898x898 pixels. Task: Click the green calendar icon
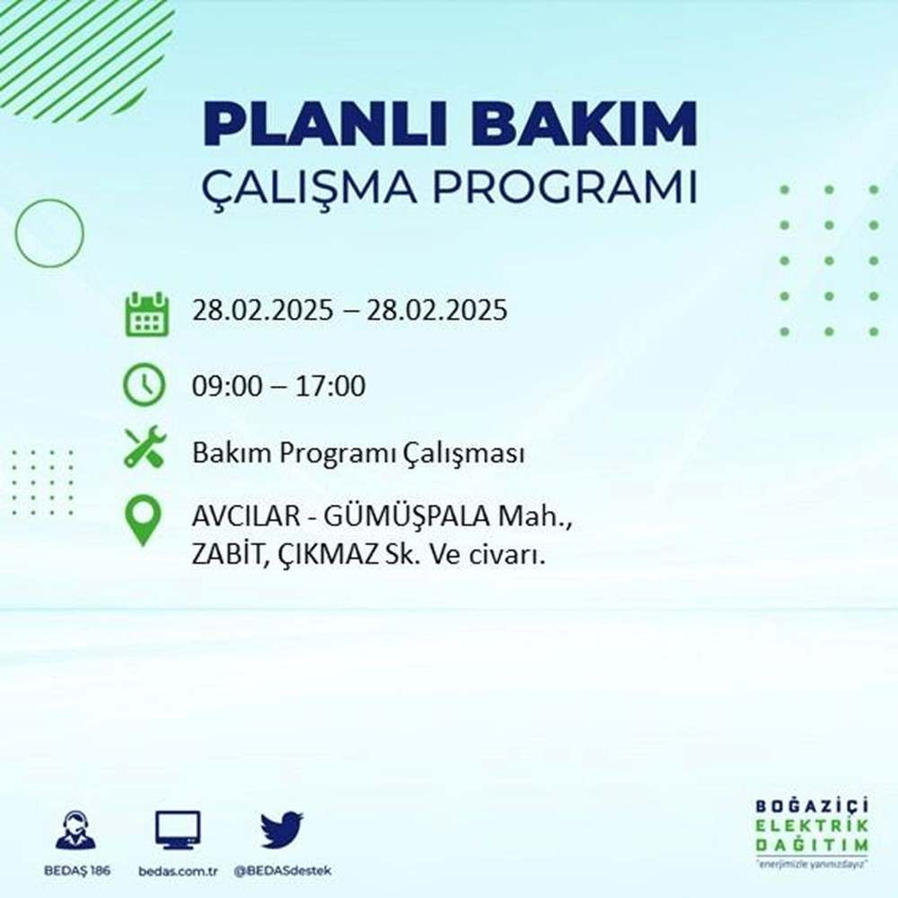(145, 313)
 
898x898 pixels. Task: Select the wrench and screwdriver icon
(145, 447)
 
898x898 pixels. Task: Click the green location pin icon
(145, 522)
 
